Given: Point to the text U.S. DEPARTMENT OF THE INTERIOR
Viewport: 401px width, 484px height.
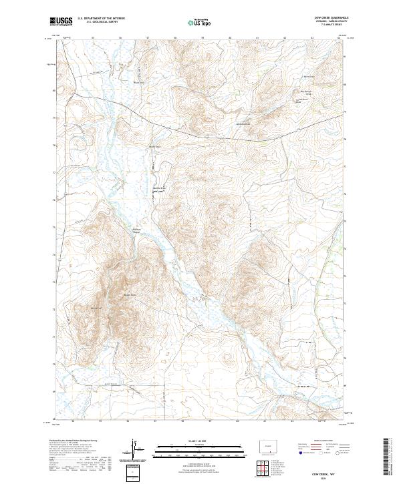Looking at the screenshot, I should coord(100,19).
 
